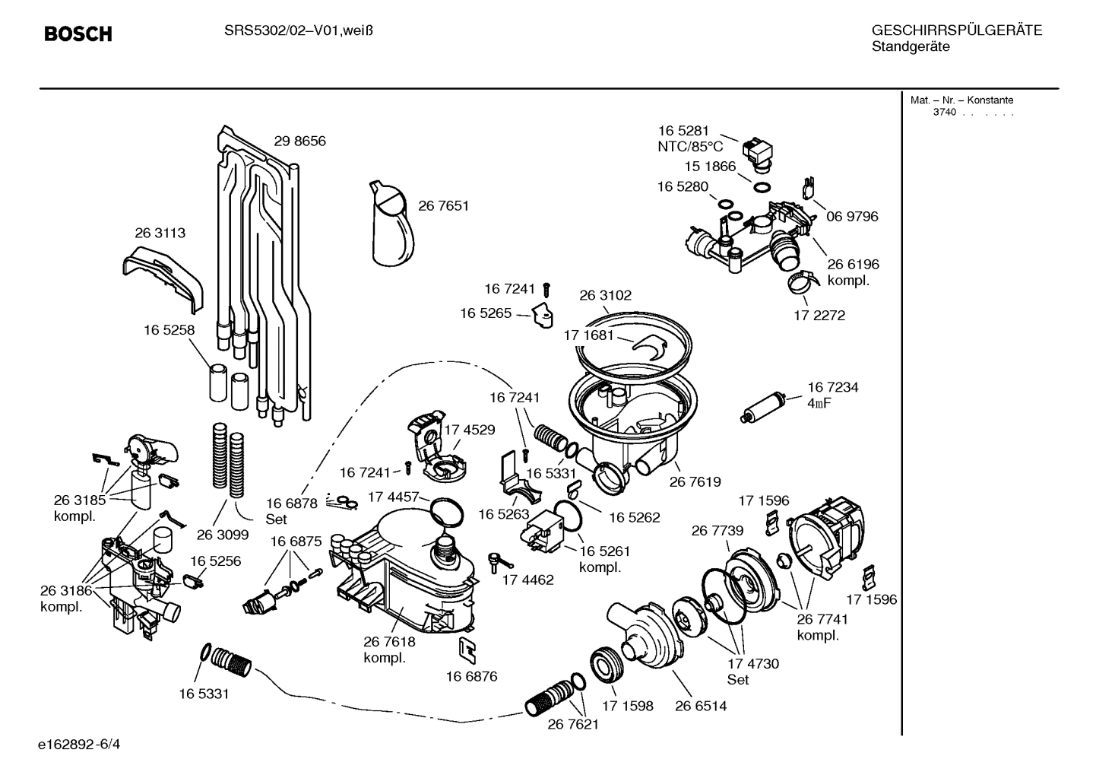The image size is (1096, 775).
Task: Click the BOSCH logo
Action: coord(78,34)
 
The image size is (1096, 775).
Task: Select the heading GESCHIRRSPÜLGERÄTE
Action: coord(956,30)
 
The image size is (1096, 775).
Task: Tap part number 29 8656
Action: coord(299,141)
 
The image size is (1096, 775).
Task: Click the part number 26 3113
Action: coord(160,233)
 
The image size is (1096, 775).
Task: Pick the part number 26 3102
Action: coord(605,295)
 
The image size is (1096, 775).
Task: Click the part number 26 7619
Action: coord(695,481)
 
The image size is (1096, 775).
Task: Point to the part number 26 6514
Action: coord(701,706)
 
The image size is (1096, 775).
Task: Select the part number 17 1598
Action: coord(627,706)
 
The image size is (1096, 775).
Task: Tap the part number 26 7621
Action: coord(573,724)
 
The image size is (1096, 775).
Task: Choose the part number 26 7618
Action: coord(389,642)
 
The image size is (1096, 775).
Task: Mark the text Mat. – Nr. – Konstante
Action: coord(961,100)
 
